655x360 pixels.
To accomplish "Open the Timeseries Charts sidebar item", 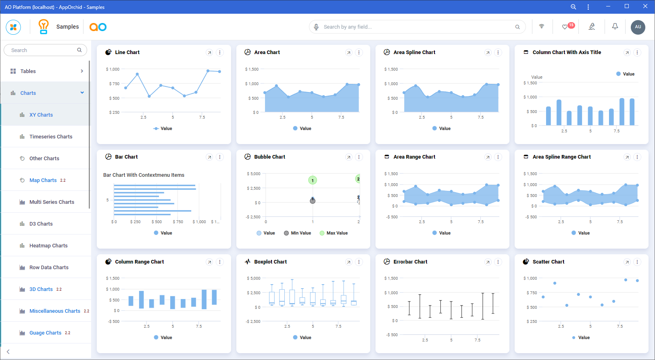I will (51, 137).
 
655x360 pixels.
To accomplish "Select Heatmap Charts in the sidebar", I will (48, 246).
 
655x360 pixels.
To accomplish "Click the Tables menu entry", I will (28, 71).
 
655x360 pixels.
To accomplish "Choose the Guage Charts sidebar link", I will (45, 333).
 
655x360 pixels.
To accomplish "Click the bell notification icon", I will (615, 27).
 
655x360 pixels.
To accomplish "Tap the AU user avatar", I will (638, 27).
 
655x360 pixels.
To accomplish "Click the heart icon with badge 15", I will (565, 27).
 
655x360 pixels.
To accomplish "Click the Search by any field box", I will (415, 27).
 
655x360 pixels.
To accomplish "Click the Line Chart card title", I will (127, 52).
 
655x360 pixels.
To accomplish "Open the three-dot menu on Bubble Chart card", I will (359, 157).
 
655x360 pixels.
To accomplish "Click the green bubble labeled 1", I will (313, 180).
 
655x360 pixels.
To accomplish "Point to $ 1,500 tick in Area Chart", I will (252, 69).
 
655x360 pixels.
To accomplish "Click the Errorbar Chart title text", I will (410, 262).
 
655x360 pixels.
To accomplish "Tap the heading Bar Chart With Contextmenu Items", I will (144, 175).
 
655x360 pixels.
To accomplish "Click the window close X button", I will (645, 6).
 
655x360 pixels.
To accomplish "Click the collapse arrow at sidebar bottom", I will (8, 352).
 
